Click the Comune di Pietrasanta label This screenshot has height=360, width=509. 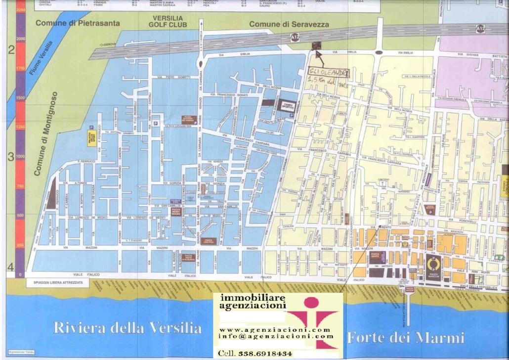tap(71, 23)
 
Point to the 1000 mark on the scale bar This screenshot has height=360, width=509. tap(20, 156)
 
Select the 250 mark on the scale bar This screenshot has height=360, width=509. tap(20, 245)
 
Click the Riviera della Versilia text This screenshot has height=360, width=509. tap(128, 327)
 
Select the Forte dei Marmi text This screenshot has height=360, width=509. tap(405, 338)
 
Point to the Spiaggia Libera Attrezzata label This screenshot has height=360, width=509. tap(54, 282)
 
